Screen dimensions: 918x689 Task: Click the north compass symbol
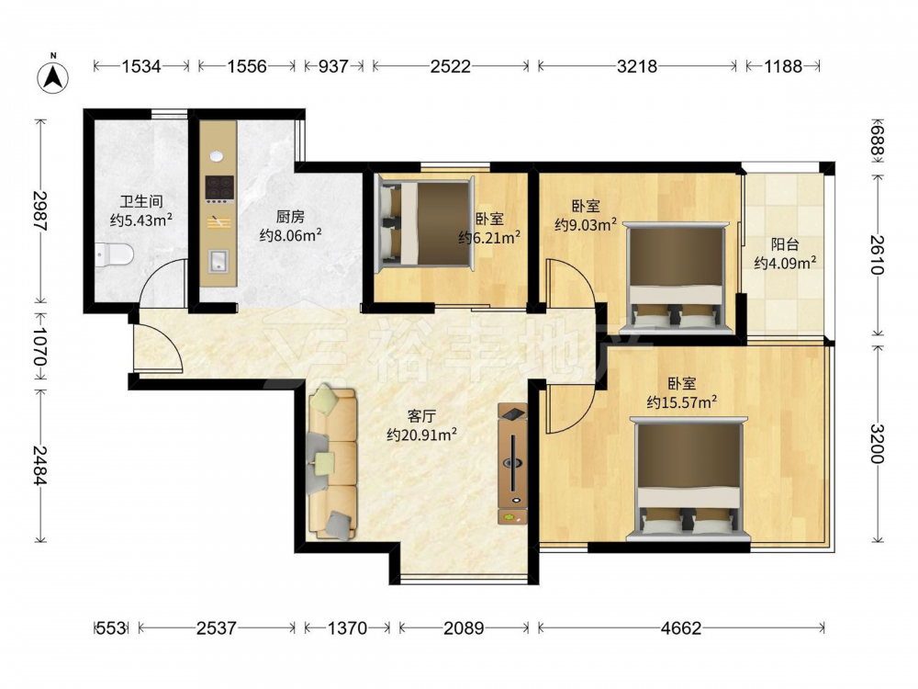coord(52,76)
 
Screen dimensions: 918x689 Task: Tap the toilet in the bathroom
coord(115,254)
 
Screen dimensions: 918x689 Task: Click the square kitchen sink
coord(219,261)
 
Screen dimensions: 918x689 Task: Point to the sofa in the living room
coord(332,462)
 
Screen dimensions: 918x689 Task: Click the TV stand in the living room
coord(512,463)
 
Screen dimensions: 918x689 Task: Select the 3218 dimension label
coord(637,66)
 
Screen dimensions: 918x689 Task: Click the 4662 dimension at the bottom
coord(681,628)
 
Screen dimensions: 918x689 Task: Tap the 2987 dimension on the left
coord(39,210)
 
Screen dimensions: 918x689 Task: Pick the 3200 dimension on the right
coord(877,443)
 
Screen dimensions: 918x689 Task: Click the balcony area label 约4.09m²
coord(785,263)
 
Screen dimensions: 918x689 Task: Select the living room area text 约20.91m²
coord(421,435)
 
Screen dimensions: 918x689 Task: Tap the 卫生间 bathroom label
coord(141,202)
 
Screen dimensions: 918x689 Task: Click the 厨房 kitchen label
coord(290,217)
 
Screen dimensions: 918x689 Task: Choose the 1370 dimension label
coord(347,628)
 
